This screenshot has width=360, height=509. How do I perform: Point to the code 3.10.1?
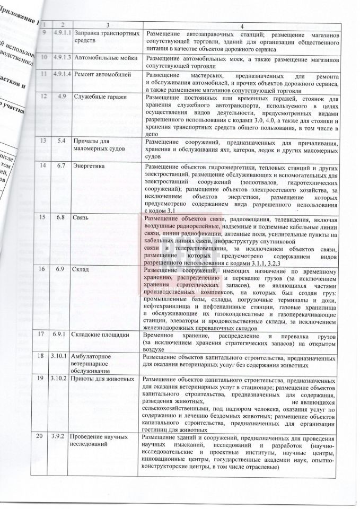click(62, 356)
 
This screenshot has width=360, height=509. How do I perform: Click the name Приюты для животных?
click(104, 380)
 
